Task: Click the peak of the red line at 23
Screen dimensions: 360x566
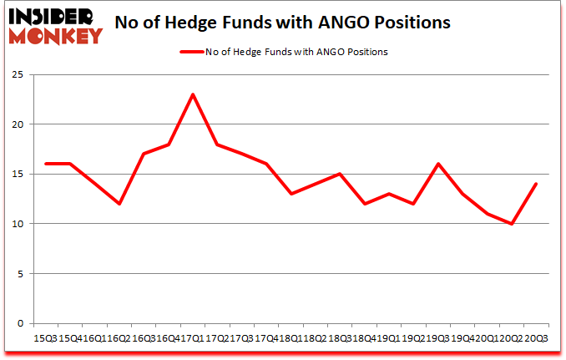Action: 193,94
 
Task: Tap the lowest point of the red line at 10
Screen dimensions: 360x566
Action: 511,224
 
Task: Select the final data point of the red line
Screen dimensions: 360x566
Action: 535,184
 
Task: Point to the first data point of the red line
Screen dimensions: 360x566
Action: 47,164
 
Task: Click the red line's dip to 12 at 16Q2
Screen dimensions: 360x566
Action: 120,204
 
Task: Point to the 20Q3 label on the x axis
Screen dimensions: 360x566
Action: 535,338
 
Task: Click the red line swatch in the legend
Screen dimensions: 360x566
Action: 192,52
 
